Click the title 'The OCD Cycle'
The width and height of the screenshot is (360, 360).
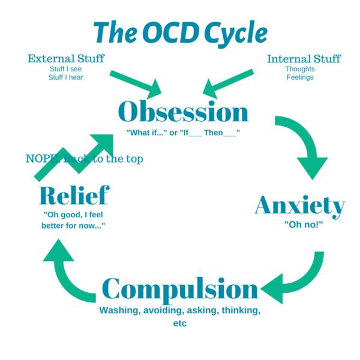tap(180, 31)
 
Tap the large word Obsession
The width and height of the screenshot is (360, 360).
tap(183, 111)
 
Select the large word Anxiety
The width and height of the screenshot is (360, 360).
tap(300, 206)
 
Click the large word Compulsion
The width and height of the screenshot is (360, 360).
tap(181, 290)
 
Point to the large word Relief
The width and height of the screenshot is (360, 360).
tap(74, 196)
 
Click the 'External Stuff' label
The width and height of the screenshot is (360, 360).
tap(66, 59)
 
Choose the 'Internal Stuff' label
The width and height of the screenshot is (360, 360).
tap(304, 59)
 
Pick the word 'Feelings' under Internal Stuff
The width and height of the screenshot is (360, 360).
tap(300, 77)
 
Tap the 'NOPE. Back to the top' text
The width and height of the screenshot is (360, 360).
tap(84, 159)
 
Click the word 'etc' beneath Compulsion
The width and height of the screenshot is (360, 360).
tap(180, 323)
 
